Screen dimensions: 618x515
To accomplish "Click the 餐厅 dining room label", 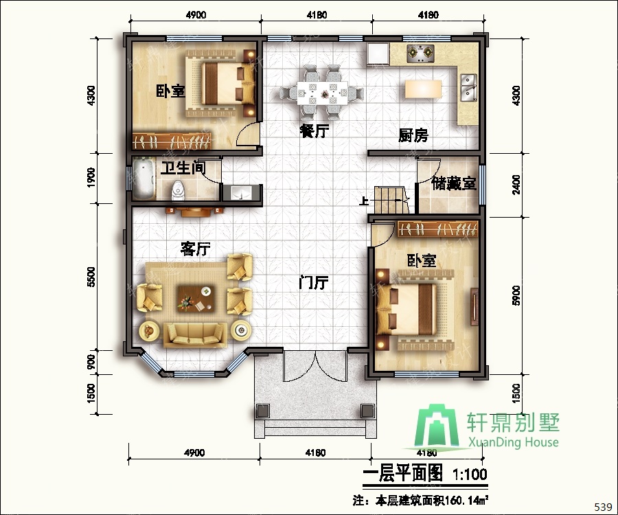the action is [x=314, y=131].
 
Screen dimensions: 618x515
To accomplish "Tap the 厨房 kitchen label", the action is [x=413, y=135].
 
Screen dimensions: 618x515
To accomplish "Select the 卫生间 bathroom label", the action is [x=183, y=168].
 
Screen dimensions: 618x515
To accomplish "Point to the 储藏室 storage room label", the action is [x=454, y=183].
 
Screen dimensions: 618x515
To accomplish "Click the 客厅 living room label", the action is [x=196, y=249].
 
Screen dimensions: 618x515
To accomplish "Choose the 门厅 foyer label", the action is [x=314, y=282].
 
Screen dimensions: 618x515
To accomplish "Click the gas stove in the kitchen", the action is [x=420, y=53].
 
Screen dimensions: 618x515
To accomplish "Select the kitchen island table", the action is [x=423, y=89].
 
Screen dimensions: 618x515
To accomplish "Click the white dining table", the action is [x=323, y=93].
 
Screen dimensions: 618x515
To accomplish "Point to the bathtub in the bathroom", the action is [x=144, y=178].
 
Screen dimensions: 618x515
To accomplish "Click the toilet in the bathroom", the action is [x=177, y=190].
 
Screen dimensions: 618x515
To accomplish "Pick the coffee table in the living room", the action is [x=196, y=298].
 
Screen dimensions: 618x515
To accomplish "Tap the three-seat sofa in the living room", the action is [x=195, y=335].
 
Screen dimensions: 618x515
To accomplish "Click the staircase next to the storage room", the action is [x=391, y=200].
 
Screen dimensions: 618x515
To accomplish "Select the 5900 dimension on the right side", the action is [x=516, y=295].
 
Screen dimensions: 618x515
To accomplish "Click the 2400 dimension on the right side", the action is [x=516, y=185].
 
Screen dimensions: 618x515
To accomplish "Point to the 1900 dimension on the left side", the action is [x=91, y=177].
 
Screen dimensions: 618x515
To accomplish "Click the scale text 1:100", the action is [x=470, y=474].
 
